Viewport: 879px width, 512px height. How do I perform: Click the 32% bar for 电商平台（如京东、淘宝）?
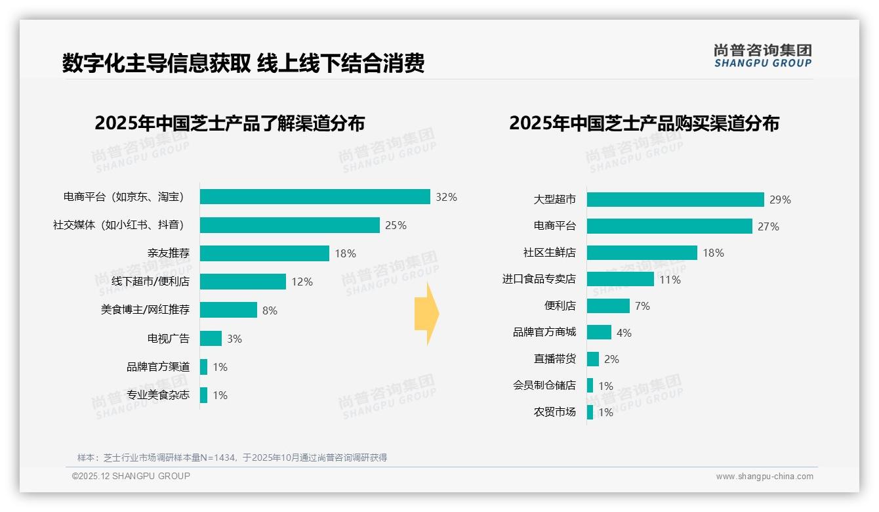[x=315, y=197]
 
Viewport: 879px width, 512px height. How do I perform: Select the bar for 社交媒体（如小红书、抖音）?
[x=289, y=225]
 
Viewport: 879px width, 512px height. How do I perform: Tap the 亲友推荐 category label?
[x=169, y=253]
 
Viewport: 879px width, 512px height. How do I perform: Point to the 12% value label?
[x=302, y=282]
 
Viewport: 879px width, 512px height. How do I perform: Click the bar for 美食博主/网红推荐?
[x=228, y=310]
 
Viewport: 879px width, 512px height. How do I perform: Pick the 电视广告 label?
[x=169, y=339]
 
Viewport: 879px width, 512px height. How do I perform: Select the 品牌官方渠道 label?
[x=158, y=367]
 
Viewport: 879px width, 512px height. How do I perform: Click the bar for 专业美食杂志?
[x=203, y=395]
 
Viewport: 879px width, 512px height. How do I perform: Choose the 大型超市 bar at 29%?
[x=675, y=200]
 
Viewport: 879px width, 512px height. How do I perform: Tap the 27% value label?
[x=768, y=226]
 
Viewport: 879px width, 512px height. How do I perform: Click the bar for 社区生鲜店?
[x=642, y=253]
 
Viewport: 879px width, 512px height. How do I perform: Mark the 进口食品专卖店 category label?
[x=539, y=279]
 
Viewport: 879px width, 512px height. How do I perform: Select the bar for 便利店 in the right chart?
[x=608, y=306]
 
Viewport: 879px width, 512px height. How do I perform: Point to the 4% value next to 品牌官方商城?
[x=624, y=333]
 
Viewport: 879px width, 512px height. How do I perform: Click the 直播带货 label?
[x=555, y=359]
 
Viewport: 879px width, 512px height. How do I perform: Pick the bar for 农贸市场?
[x=590, y=412]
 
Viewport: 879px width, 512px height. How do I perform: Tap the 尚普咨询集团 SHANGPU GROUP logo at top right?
[x=763, y=55]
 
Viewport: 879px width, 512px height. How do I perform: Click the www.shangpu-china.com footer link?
[x=764, y=477]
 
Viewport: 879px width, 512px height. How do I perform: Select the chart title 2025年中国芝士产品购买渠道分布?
[x=644, y=123]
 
